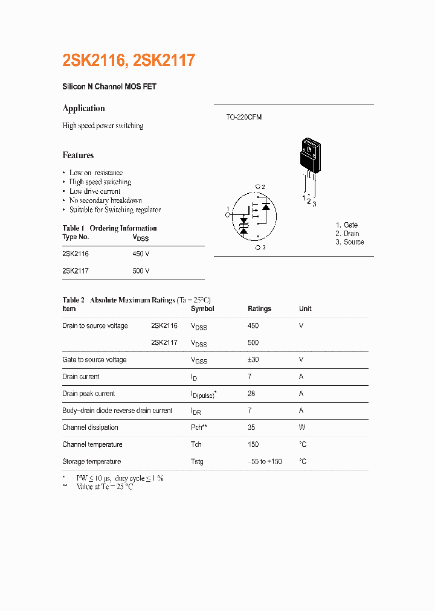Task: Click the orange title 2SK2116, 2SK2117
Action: pyautogui.click(x=129, y=60)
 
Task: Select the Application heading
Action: pyautogui.click(x=83, y=109)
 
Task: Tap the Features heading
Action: pyautogui.click(x=78, y=155)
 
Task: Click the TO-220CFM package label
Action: pyautogui.click(x=243, y=117)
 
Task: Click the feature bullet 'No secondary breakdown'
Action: pyautogui.click(x=105, y=200)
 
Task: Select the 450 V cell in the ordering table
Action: pyautogui.click(x=141, y=254)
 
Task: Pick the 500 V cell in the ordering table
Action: pyautogui.click(x=141, y=271)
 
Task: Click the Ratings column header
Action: pyautogui.click(x=259, y=309)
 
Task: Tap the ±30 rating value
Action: pyautogui.click(x=253, y=360)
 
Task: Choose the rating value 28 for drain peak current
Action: pyautogui.click(x=251, y=394)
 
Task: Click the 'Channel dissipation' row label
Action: pyautogui.click(x=90, y=427)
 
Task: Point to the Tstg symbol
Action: pyautogui.click(x=197, y=462)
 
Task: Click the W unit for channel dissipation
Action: pyautogui.click(x=302, y=427)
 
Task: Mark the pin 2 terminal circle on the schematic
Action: pyautogui.click(x=257, y=187)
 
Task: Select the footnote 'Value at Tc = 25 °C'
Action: pyautogui.click(x=104, y=487)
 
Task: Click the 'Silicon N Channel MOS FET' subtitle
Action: pyautogui.click(x=109, y=87)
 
